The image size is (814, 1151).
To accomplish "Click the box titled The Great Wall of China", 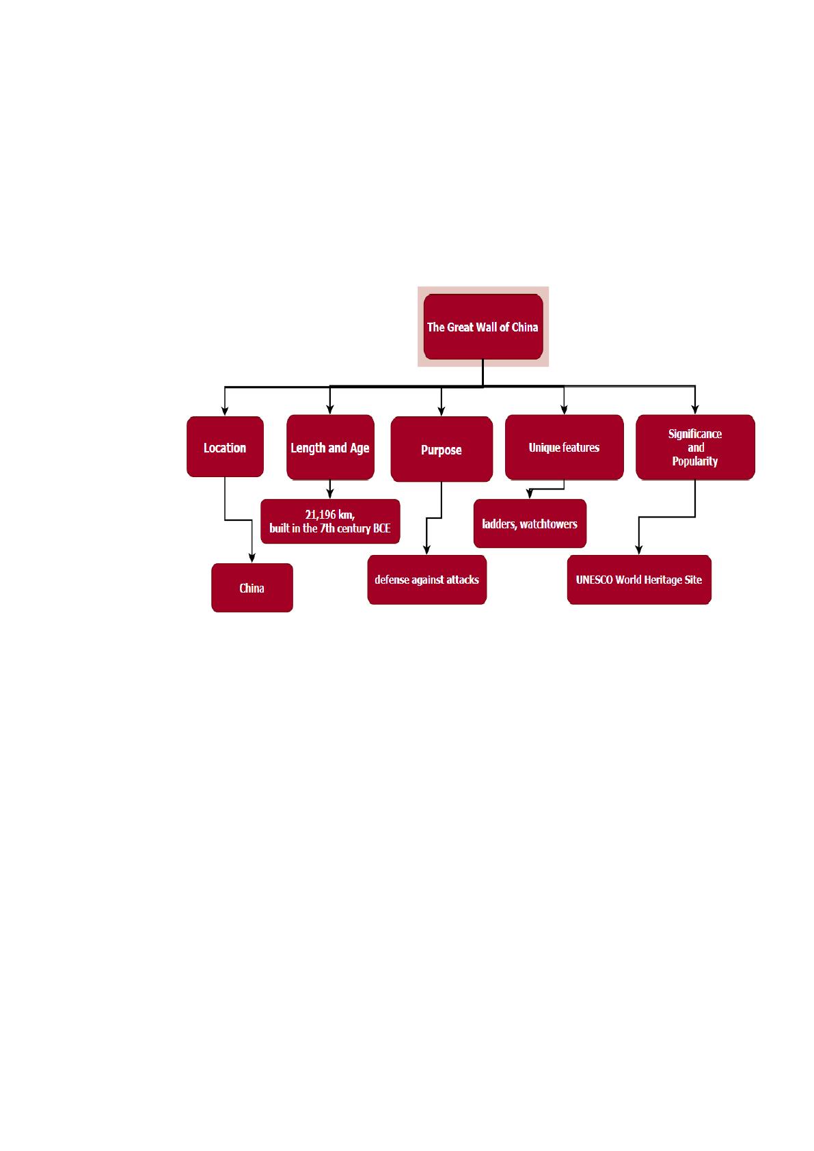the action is click(483, 327).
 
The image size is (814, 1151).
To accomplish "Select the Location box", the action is click(225, 446).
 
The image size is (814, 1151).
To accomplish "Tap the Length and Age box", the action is click(330, 447).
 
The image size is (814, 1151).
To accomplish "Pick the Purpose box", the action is click(442, 449).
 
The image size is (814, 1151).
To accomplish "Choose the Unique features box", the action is click(565, 447).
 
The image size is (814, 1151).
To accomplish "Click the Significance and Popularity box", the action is click(695, 447).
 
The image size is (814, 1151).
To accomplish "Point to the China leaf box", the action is click(252, 588).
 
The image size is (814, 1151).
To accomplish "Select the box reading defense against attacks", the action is click(426, 580).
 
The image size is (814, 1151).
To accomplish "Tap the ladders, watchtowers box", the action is click(530, 523).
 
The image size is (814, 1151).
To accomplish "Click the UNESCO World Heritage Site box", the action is click(639, 580).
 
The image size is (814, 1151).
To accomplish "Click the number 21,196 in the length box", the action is click(320, 515).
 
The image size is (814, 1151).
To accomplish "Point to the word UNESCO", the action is click(594, 580).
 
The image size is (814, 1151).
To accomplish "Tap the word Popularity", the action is click(695, 461).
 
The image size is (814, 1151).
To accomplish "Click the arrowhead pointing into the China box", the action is click(252, 558).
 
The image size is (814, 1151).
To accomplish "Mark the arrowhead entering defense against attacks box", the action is click(426, 550).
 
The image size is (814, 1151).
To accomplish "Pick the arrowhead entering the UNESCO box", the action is click(639, 550).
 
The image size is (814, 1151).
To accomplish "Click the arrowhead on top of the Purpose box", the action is click(442, 411).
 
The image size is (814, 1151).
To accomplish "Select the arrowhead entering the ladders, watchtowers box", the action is click(529, 493).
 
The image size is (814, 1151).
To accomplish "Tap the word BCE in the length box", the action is click(382, 528).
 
